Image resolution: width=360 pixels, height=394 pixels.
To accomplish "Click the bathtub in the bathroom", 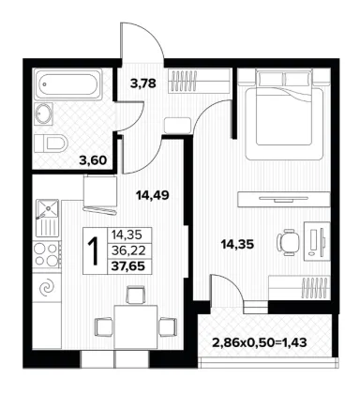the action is (67, 84).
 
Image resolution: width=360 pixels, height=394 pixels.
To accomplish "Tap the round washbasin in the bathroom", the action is (44, 114).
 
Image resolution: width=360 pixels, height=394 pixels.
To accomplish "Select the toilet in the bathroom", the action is (51, 144).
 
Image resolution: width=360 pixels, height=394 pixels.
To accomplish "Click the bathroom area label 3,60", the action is (93, 160).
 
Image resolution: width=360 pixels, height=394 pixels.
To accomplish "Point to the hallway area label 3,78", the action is (142, 83).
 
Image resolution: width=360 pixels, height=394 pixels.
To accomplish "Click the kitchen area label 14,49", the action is (153, 195).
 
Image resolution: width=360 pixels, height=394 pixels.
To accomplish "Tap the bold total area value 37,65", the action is (129, 266).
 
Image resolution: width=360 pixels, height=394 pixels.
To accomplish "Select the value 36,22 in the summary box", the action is (128, 250).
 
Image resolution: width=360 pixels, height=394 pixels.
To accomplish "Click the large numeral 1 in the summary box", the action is (94, 250).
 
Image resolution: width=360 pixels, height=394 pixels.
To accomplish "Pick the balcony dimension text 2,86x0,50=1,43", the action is (260, 342).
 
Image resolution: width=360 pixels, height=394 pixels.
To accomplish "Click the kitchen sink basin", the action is (48, 208).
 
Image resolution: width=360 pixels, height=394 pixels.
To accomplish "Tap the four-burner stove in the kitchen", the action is (48, 254).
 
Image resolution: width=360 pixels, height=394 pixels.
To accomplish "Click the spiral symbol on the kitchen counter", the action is (48, 288).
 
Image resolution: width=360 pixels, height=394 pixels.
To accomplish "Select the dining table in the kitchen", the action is (136, 327).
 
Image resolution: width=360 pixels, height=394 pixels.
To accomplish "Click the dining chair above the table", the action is (136, 295).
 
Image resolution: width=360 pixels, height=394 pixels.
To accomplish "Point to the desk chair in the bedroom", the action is (288, 242).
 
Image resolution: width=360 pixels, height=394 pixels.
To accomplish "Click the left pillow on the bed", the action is (269, 80).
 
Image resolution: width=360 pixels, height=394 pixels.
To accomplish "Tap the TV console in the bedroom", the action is (284, 199).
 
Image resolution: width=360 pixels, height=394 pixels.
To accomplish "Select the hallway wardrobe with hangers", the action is (200, 81).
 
